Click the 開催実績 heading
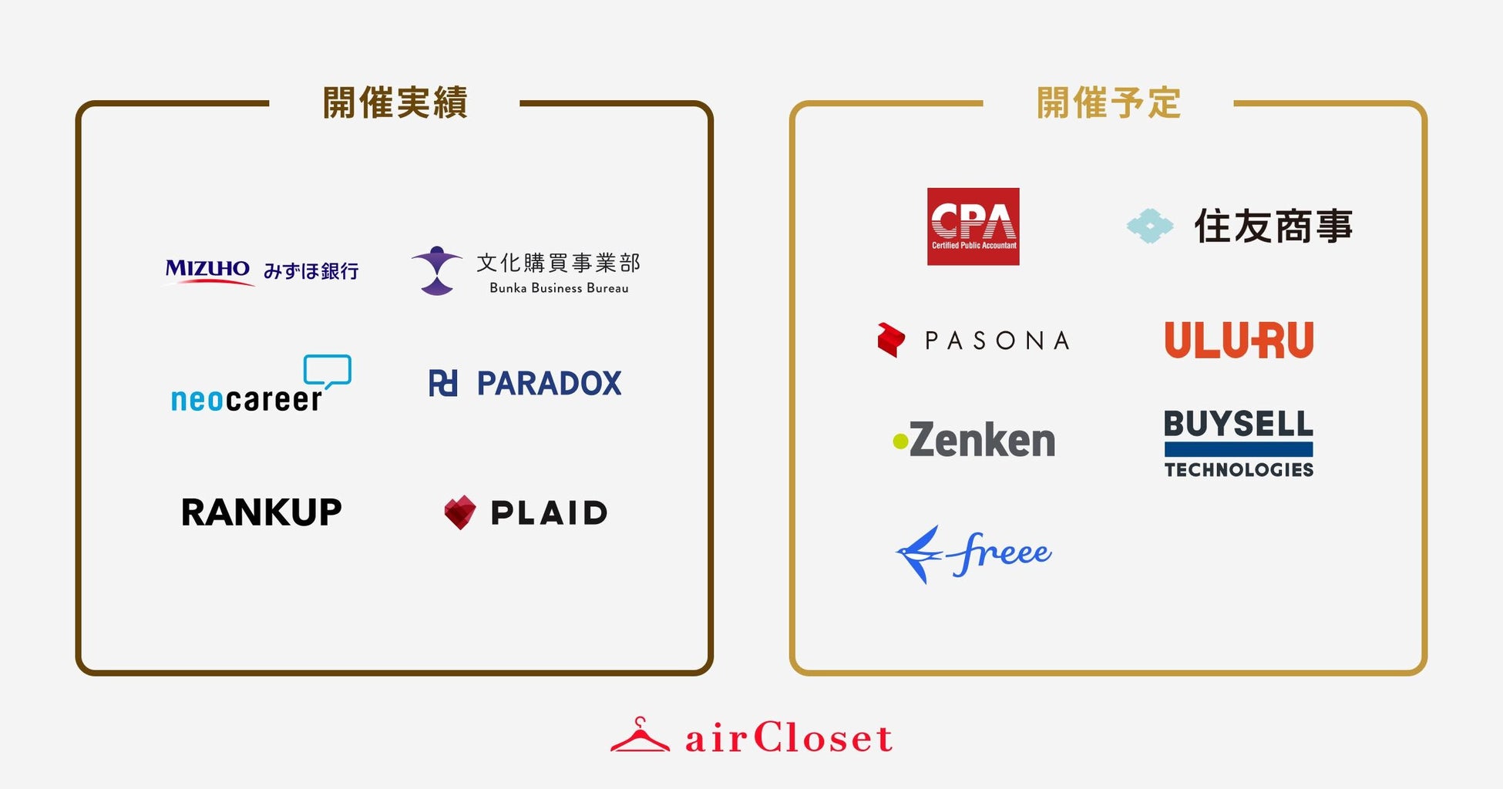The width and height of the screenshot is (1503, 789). (395, 103)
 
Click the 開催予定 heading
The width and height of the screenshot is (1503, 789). (1108, 103)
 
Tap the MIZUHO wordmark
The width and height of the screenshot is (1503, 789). (207, 270)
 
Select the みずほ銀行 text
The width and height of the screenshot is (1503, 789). (311, 271)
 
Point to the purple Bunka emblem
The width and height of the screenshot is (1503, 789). (437, 270)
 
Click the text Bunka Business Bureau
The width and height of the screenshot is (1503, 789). (559, 288)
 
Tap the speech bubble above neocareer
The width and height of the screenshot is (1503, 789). (328, 371)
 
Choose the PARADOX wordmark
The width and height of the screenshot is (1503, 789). (549, 384)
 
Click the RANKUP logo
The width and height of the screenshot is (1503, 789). (261, 512)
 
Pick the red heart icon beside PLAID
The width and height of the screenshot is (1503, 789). (460, 512)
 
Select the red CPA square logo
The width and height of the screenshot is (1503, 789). (973, 227)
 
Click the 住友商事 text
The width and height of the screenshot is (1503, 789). (1273, 227)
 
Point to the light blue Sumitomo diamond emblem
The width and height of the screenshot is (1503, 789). (1149, 227)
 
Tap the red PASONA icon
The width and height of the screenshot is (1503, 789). (891, 340)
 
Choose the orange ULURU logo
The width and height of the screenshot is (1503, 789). (1239, 340)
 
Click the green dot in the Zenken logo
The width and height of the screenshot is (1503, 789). (899, 442)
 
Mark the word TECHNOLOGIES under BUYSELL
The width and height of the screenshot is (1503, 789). (1239, 470)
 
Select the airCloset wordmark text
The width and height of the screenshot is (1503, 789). (788, 738)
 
